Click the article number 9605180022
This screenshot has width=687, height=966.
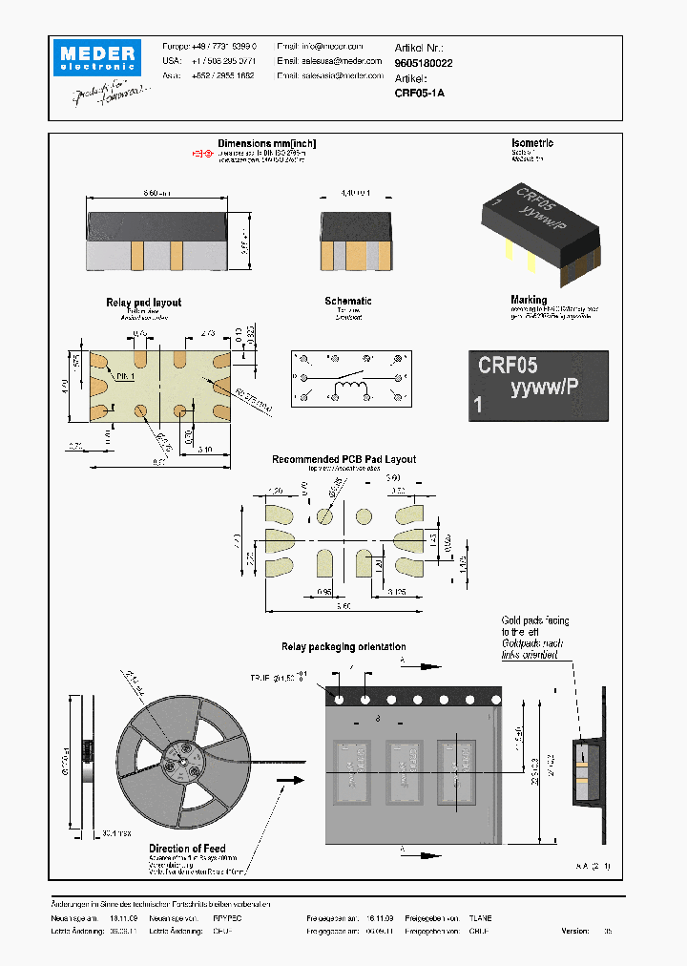(x=424, y=63)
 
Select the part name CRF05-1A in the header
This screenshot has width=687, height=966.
(x=419, y=94)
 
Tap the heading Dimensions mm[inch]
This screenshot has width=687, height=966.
(x=266, y=144)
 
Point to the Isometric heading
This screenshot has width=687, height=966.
(x=532, y=143)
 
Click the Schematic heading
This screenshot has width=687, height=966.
(x=347, y=301)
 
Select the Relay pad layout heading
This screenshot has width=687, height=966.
(x=143, y=303)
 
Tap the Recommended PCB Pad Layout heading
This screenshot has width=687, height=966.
(x=343, y=459)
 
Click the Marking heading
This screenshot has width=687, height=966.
(x=529, y=300)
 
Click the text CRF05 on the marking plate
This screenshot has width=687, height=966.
(x=508, y=365)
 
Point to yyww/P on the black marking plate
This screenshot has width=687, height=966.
(x=545, y=388)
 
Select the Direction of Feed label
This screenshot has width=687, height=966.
(x=188, y=849)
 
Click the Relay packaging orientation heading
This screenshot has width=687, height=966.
(x=343, y=647)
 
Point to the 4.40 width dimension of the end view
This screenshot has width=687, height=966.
(x=355, y=192)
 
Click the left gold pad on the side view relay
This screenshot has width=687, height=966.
(x=136, y=254)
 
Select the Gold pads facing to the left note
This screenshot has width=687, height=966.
(x=532, y=632)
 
